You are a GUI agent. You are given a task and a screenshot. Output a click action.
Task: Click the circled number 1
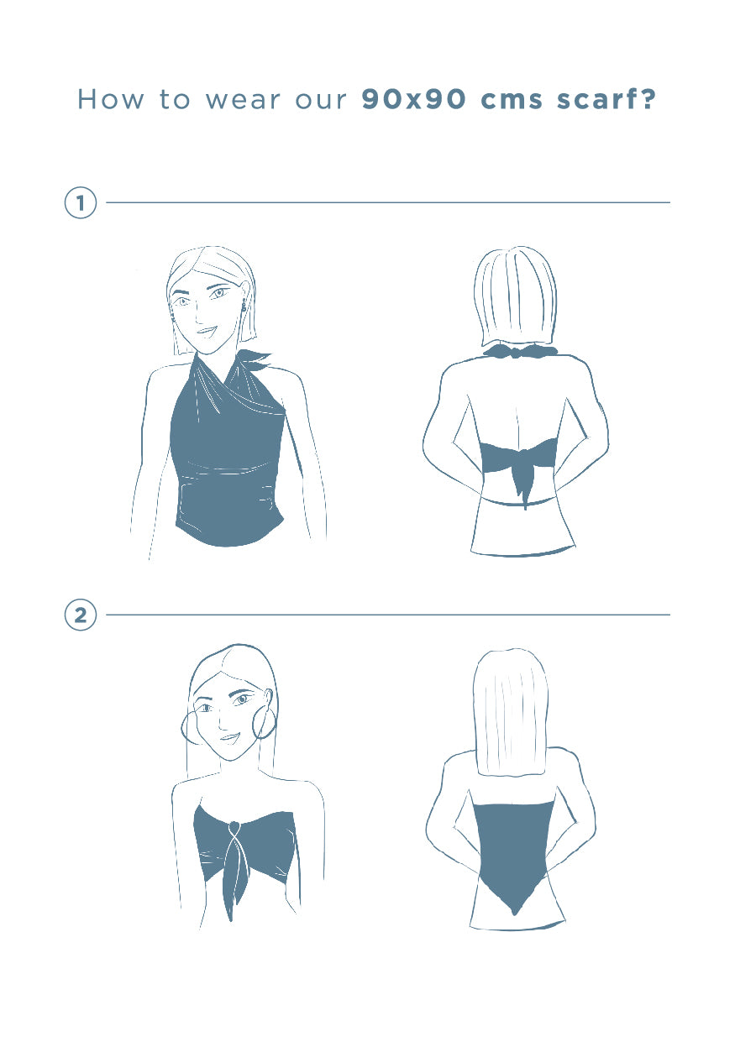tap(81, 203)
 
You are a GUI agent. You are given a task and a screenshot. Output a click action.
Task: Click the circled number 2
tap(81, 615)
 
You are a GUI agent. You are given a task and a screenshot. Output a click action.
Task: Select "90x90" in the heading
tap(413, 99)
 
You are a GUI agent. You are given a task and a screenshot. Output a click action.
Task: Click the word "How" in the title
tap(111, 99)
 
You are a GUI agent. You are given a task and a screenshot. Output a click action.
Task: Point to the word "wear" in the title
tap(243, 101)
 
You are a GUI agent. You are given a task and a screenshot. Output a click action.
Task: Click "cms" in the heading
tap(511, 101)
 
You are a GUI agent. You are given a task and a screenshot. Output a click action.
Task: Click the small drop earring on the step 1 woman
tap(243, 305)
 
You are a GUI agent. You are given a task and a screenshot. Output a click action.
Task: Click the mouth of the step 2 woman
tap(229, 738)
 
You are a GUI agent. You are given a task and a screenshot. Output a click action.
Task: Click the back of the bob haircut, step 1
tap(515, 298)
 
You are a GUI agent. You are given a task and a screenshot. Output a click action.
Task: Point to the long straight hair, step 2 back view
tap(511, 712)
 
